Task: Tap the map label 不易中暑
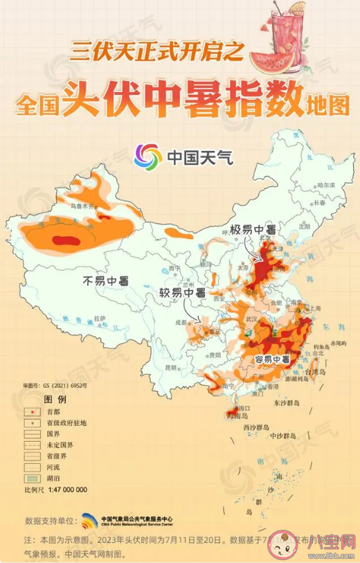point(106,281)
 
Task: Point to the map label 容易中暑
point(272,359)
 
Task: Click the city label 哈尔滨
point(325,185)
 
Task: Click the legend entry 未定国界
point(60,444)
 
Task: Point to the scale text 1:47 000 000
point(65,490)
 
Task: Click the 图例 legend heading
point(55,400)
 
